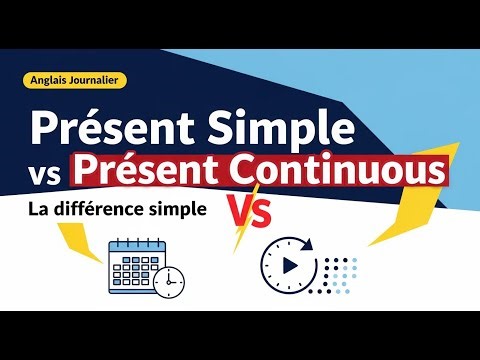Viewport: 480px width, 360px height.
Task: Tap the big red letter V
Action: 231,212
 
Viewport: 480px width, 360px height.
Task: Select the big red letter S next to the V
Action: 259,212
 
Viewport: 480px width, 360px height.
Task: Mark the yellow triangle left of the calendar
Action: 60,264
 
